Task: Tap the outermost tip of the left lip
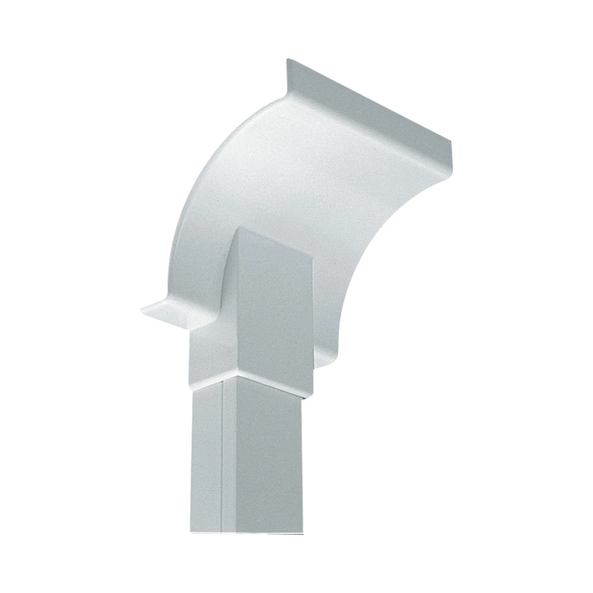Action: pyautogui.click(x=141, y=308)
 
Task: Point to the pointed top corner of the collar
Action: pyautogui.click(x=238, y=229)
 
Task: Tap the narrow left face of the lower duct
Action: pyautogui.click(x=208, y=463)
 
